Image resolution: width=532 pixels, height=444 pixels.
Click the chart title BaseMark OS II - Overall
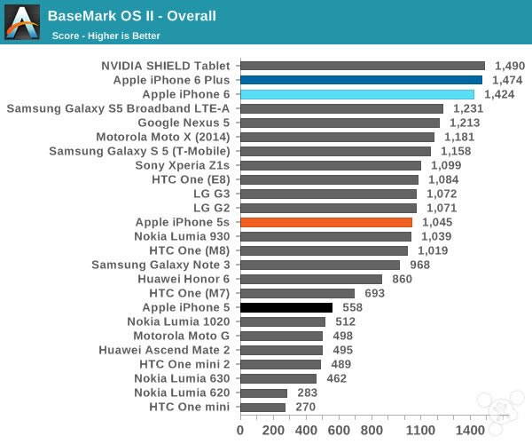tap(131, 16)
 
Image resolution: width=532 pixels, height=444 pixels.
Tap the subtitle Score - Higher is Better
tap(107, 36)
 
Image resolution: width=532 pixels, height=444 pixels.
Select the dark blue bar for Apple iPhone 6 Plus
tap(361, 80)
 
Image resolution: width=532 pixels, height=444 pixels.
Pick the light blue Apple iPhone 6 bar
tap(357, 94)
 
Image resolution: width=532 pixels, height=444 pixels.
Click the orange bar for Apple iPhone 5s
tap(326, 222)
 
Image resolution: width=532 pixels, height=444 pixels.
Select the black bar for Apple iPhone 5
tap(286, 307)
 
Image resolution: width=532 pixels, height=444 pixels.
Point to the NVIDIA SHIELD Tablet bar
tap(363, 66)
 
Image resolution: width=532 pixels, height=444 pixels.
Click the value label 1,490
tap(510, 66)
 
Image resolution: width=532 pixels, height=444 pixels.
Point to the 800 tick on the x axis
tap(372, 430)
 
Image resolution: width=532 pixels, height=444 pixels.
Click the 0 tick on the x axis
tap(240, 430)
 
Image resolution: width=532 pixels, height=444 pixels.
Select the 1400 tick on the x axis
tap(469, 430)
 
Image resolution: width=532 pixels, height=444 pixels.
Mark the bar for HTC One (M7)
tap(297, 293)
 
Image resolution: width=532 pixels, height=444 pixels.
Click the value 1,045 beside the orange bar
tap(437, 222)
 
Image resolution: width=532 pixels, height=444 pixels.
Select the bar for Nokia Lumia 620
tap(263, 392)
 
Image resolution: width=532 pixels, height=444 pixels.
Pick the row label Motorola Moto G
tap(181, 336)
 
